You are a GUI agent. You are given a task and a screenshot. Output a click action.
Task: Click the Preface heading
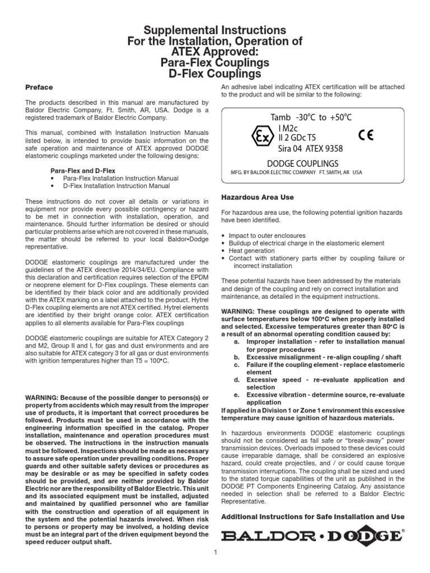pos(39,87)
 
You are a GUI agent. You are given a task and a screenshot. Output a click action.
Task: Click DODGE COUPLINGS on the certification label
pos(311,162)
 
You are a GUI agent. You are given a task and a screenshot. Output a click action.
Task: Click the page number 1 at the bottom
pos(215,553)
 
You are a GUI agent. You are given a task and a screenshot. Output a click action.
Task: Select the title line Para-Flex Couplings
pos(215,62)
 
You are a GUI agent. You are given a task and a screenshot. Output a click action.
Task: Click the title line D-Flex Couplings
pos(215,73)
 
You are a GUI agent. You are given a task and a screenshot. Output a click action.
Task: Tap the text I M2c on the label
pos(290,128)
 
